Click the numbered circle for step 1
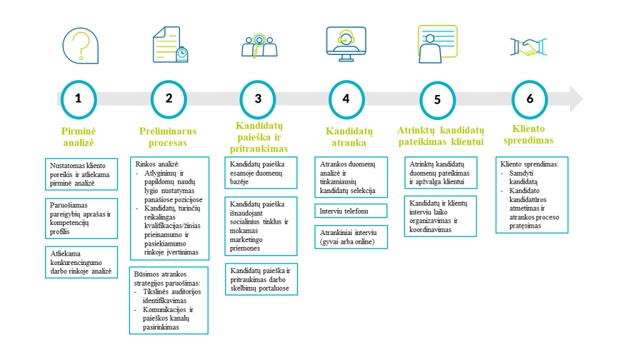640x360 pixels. point(78,99)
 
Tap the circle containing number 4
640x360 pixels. point(346,99)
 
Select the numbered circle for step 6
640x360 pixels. point(530,99)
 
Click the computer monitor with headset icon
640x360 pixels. point(346,44)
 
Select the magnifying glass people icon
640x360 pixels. point(259,45)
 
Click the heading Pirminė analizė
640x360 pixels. point(78,136)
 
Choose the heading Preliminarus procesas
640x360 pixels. point(167,137)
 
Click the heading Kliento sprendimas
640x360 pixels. point(528,135)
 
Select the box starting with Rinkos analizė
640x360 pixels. point(169,207)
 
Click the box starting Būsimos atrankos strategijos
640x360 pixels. point(169,300)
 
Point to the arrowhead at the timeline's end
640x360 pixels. point(575,99)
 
